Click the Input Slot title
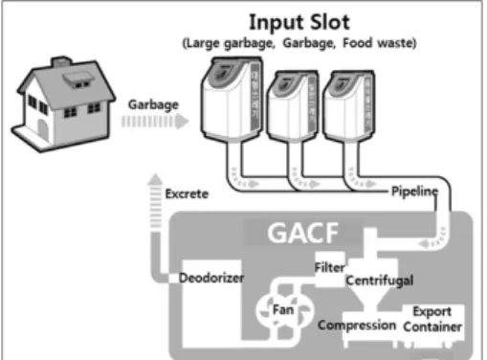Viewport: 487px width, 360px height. tap(299, 22)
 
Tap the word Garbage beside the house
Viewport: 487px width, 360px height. tap(153, 104)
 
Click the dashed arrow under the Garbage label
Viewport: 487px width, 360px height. tap(155, 122)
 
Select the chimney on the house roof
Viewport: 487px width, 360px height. tap(61, 61)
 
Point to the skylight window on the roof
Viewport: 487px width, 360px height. tap(77, 79)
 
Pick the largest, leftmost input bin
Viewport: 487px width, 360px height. tap(232, 99)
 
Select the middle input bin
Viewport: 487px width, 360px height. tap(293, 105)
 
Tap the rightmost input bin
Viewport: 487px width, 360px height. tap(348, 106)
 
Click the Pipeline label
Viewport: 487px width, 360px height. tap(414, 191)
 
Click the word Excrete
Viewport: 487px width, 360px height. tap(187, 194)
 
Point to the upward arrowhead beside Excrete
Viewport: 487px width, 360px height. tap(155, 179)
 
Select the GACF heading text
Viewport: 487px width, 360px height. tap(303, 233)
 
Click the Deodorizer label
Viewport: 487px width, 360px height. tap(211, 278)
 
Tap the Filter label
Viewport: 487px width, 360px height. tap(329, 267)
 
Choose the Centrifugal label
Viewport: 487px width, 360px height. tap(380, 281)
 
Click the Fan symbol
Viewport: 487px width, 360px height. tap(284, 310)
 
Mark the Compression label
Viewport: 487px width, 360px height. tap(357, 326)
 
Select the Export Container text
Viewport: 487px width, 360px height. tap(432, 319)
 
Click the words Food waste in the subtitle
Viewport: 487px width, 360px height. tap(378, 43)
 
